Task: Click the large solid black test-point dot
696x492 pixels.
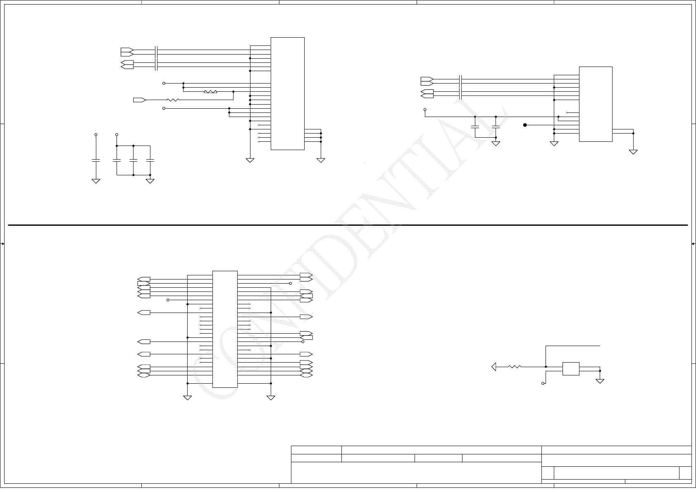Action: point(525,125)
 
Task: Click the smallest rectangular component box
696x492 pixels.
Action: point(570,369)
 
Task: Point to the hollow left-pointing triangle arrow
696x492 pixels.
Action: point(493,367)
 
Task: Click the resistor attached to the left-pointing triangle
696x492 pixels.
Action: point(515,367)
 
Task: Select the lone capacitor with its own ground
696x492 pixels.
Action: point(96,160)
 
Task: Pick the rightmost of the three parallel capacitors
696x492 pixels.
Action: point(150,160)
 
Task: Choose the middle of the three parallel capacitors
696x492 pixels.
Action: point(133,160)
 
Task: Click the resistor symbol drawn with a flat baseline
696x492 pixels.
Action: point(210,92)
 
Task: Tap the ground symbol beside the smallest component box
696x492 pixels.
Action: point(600,380)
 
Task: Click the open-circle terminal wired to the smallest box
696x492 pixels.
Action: point(543,383)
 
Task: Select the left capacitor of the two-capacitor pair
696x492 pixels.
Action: point(475,126)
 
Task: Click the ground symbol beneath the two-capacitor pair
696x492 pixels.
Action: point(496,143)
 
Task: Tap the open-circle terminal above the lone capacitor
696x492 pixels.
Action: point(96,135)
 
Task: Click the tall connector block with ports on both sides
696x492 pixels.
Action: point(225,329)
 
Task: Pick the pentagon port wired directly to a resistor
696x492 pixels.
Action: point(139,100)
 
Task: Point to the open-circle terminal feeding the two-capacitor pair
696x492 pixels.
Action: point(425,110)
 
